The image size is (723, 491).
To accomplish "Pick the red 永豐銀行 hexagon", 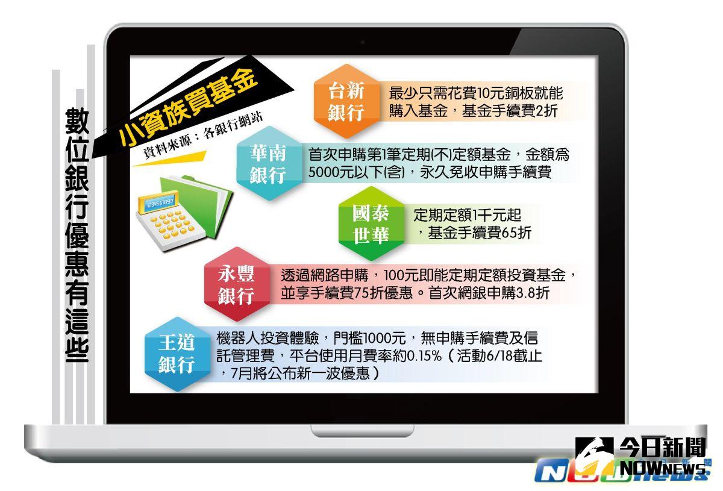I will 236,284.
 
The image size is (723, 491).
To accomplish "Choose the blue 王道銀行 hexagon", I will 176,354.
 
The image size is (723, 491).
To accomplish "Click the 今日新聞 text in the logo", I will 663,448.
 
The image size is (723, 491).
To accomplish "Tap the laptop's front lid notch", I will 363,431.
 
